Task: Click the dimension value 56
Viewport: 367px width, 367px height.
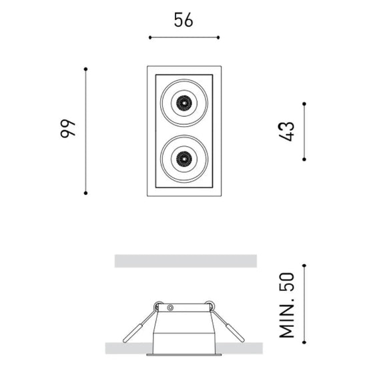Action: tap(183, 20)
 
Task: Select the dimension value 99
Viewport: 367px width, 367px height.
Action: tap(68, 129)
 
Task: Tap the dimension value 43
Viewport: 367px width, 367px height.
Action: tap(286, 131)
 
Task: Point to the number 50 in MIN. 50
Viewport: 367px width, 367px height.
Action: tap(287, 282)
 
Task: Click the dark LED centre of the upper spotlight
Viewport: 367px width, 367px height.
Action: tap(184, 103)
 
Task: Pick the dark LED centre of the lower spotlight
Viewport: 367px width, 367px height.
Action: tap(184, 159)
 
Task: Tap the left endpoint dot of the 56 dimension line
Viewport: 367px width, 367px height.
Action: tap(150, 37)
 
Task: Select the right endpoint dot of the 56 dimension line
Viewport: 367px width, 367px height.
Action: tap(218, 37)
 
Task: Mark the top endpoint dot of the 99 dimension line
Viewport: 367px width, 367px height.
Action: tap(85, 69)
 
